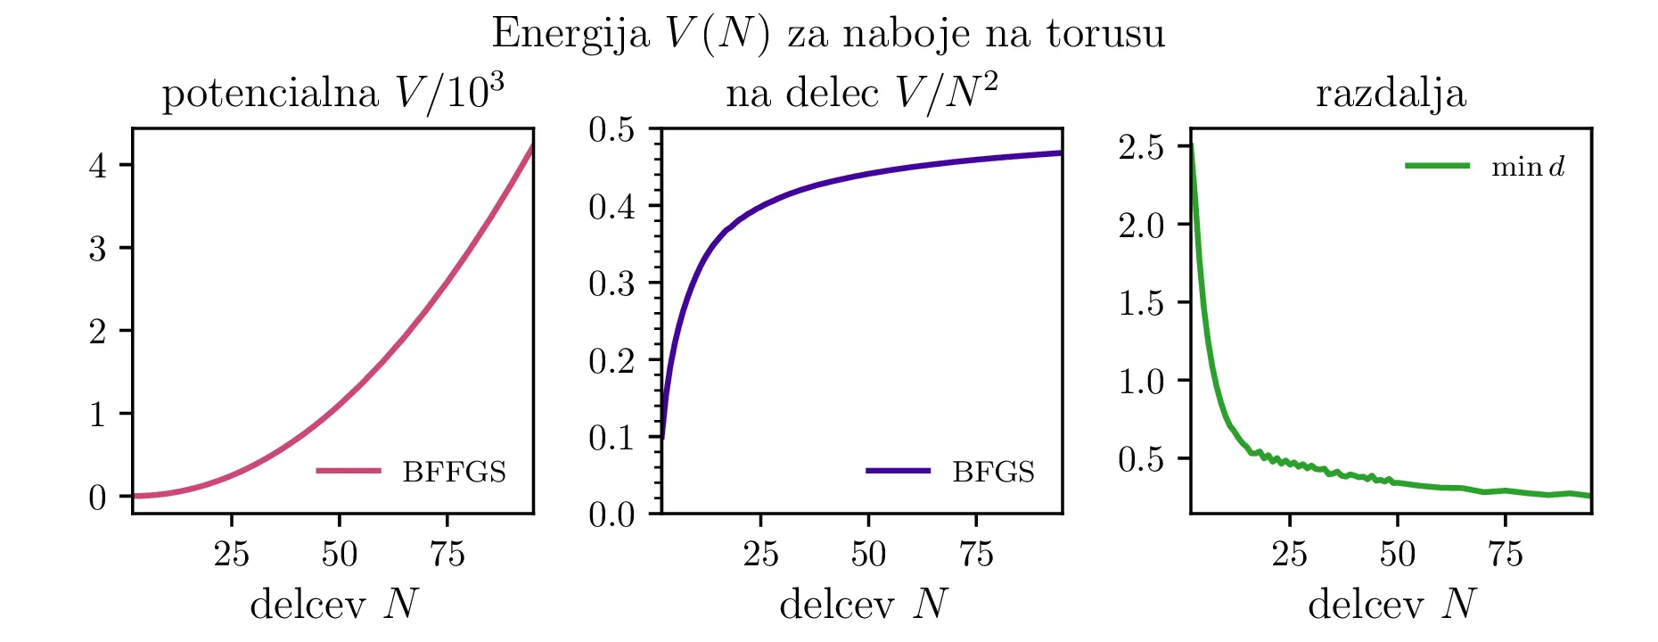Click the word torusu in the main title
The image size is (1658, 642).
point(1105,34)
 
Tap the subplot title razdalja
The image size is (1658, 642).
point(1391,94)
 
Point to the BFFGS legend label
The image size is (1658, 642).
point(454,472)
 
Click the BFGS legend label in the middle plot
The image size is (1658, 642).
point(993,472)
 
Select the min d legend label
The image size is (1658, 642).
point(1528,167)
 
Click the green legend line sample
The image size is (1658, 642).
point(1437,166)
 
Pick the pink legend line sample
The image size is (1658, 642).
point(348,471)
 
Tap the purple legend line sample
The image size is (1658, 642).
point(898,471)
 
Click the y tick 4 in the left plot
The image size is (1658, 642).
point(98,165)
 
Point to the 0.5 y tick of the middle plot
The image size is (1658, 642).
point(611,130)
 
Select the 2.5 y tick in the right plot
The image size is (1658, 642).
point(1142,147)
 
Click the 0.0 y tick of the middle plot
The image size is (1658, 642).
point(611,514)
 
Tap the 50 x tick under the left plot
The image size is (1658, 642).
point(339,555)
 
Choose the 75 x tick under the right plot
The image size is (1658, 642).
point(1505,555)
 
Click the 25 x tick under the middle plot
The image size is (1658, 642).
point(760,555)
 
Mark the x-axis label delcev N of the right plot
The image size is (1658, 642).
point(1391,605)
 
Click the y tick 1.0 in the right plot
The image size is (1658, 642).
point(1142,382)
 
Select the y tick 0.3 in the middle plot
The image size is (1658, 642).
point(611,284)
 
